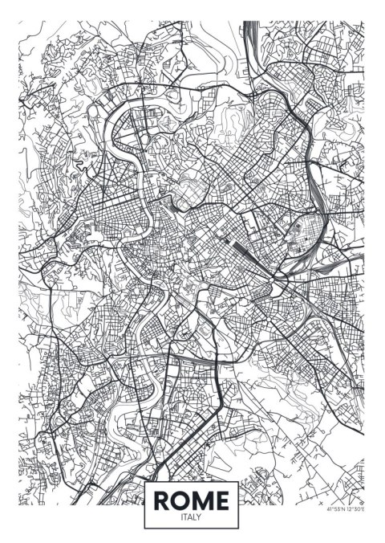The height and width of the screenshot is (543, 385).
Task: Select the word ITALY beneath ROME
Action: point(192,517)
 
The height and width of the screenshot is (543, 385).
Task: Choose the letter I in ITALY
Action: point(183,517)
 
